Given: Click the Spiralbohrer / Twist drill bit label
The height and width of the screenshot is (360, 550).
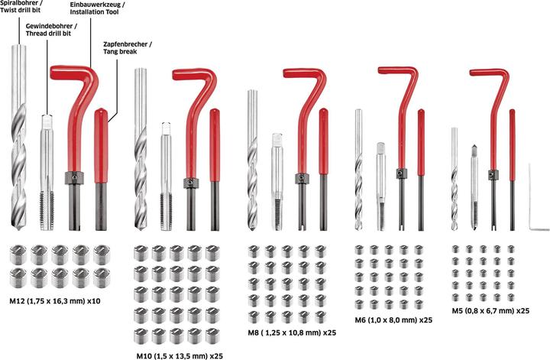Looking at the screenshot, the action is pyautogui.click(x=21, y=7).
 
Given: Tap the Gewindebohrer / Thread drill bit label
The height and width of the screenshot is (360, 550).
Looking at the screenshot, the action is pyautogui.click(x=52, y=30).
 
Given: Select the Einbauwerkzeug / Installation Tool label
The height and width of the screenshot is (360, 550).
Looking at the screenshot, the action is pyautogui.click(x=98, y=8).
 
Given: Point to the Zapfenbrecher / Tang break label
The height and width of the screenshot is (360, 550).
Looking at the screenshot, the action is pyautogui.click(x=128, y=48).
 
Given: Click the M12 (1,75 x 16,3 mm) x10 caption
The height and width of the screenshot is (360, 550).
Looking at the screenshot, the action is pyautogui.click(x=55, y=301).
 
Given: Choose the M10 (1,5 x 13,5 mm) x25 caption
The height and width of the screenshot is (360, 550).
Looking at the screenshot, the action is pyautogui.click(x=180, y=355).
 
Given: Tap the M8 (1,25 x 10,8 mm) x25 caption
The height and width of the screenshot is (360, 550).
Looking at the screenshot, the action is pyautogui.click(x=292, y=332).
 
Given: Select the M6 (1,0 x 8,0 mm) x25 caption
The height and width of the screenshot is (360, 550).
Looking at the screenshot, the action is pyautogui.click(x=393, y=320).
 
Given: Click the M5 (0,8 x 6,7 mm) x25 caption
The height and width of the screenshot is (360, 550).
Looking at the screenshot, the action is pyautogui.click(x=490, y=310).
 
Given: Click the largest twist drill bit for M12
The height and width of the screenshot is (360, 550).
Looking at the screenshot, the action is pyautogui.click(x=18, y=137).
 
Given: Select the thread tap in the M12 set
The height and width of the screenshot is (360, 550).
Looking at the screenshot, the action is pyautogui.click(x=47, y=172).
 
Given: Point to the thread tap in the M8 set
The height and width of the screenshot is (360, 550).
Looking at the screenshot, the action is pyautogui.click(x=277, y=182).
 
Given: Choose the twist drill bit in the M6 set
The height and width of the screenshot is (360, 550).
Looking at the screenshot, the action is pyautogui.click(x=358, y=170).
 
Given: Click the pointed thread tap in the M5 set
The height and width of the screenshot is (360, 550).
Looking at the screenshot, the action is pyautogui.click(x=474, y=187).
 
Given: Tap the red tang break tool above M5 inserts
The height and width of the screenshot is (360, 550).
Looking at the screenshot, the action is pyautogui.click(x=513, y=170).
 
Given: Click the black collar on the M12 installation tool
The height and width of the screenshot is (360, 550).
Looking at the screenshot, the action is pyautogui.click(x=74, y=178).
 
